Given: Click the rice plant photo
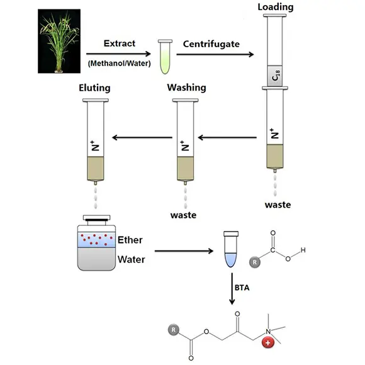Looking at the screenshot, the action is (59, 41).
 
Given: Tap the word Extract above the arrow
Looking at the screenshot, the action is (120, 43).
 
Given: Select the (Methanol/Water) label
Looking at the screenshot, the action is (120, 64).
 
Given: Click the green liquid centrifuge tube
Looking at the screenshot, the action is (166, 57).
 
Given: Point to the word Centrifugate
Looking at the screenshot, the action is (211, 44).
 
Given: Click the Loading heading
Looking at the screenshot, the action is (276, 7).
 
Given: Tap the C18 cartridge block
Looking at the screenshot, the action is (275, 76).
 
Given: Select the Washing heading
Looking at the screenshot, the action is (186, 87).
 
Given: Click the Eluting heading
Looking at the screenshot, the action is (94, 88).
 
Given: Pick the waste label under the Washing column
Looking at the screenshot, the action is (183, 215).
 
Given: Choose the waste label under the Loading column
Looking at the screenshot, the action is (278, 205).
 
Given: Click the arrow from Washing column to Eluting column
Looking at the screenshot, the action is (142, 137).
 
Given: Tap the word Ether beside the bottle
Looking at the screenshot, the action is (130, 240).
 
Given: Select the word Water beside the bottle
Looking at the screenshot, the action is (132, 259).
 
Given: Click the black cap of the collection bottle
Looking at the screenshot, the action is (97, 220).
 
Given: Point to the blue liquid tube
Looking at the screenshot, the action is (231, 249).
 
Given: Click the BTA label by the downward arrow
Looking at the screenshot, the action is (242, 288).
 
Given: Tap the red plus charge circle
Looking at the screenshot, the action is (268, 342).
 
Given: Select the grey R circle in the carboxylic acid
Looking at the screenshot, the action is (255, 262).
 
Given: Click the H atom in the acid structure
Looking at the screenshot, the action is (303, 250).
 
